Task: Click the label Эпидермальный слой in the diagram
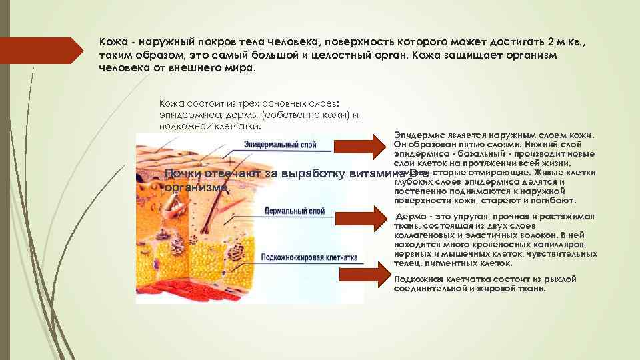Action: [x=279, y=144]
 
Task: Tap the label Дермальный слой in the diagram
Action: [x=294, y=211]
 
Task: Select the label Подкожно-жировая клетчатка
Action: [x=309, y=257]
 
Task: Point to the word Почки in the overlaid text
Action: [x=184, y=174]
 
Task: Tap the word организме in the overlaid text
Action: [x=197, y=187]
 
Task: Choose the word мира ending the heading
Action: [x=241, y=67]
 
